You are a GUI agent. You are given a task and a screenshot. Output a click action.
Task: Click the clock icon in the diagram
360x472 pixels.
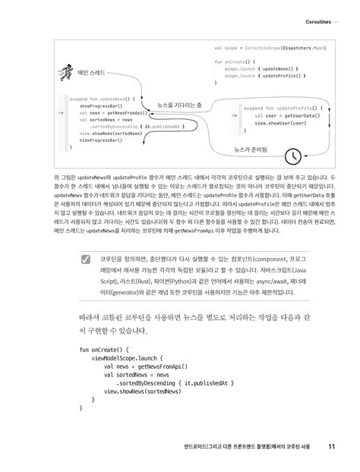(292, 156)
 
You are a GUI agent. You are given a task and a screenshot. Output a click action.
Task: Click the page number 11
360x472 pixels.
(333, 445)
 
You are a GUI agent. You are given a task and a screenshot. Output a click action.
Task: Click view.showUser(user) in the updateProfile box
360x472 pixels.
(281, 122)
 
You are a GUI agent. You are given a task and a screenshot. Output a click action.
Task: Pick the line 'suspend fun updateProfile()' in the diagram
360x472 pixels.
(276, 108)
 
